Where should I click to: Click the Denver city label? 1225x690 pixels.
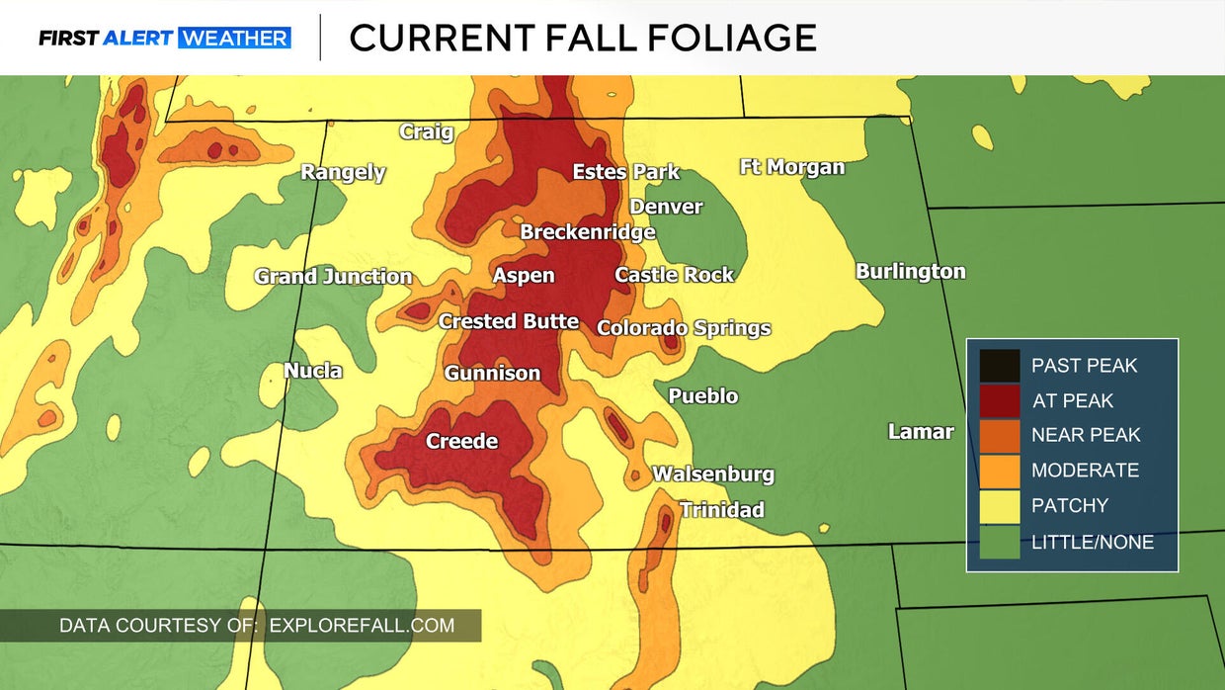coord(666,207)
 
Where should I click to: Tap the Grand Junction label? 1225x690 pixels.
coord(333,277)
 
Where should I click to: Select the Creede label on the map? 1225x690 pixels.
coord(461,441)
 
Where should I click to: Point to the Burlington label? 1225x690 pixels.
coord(910,271)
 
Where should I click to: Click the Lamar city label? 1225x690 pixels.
coord(921,431)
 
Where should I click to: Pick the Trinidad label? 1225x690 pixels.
coord(721,510)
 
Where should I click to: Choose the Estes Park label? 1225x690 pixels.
coord(625,172)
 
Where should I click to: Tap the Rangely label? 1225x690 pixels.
coord(343,172)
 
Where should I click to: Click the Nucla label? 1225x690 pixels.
coord(313,371)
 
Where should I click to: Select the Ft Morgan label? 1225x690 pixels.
coord(791,167)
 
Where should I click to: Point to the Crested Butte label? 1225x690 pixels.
coord(508,321)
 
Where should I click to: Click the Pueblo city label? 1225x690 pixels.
coord(702,396)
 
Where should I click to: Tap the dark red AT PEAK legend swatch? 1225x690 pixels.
coord(1000,400)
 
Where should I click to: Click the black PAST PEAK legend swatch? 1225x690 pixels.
coord(1000,366)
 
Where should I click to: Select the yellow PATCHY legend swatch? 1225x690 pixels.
coord(1000,505)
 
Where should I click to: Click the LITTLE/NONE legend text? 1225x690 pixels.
coord(1092,542)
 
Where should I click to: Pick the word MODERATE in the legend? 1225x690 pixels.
coord(1085,471)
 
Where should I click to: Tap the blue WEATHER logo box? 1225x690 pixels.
coord(235,39)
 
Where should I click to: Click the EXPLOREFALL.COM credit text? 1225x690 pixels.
coord(362,625)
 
